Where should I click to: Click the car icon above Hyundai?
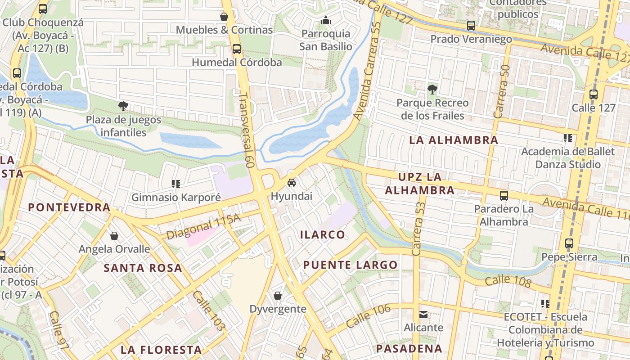pos(292,182)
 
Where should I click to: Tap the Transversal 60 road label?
pos(247,130)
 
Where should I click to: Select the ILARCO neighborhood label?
pos(323,234)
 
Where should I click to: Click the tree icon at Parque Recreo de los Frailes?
pos(432,89)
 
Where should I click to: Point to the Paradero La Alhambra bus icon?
pos(504,196)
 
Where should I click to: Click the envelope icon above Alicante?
pos(423,314)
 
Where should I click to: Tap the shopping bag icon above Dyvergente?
pos(278,296)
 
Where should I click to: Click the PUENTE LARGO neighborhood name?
pos(351,265)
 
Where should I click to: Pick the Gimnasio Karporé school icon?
pos(176,184)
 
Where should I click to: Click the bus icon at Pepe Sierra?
pos(569,243)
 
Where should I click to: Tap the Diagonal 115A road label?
pos(203,227)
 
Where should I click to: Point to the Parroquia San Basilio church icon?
pos(326,20)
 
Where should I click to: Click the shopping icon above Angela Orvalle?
pos(114,236)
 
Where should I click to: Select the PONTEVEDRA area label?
pos(69,207)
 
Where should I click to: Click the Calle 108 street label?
pos(508,281)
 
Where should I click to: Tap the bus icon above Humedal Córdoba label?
pos(237,49)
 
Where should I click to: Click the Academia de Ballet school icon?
pos(567,138)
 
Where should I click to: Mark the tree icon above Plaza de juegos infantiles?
pos(123,106)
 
